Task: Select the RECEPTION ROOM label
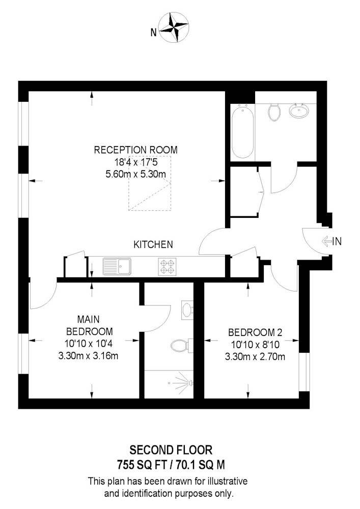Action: pyautogui.click(x=135, y=150)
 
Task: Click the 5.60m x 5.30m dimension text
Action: pyautogui.click(x=135, y=174)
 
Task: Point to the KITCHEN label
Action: pyautogui.click(x=153, y=245)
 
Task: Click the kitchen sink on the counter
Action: pyautogui.click(x=117, y=266)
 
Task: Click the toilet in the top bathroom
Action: pyautogui.click(x=274, y=111)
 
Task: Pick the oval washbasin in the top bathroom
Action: pyautogui.click(x=297, y=110)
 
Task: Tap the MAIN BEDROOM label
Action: pyautogui.click(x=88, y=325)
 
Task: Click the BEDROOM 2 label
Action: pyautogui.click(x=255, y=333)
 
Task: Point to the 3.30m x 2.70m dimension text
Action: pyautogui.click(x=255, y=356)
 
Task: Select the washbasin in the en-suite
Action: pyautogui.click(x=187, y=309)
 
